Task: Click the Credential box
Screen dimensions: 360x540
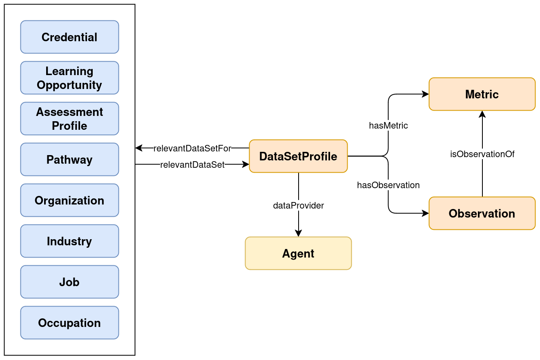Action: coord(69,37)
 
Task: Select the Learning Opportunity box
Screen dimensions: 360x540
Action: coord(69,78)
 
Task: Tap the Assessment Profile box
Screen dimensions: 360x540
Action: coord(69,119)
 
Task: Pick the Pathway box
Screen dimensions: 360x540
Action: coord(69,160)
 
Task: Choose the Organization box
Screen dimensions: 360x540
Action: coord(69,200)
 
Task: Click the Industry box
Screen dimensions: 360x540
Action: coord(69,241)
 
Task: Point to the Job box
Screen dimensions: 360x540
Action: coord(69,282)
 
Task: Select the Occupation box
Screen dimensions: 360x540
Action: coord(69,323)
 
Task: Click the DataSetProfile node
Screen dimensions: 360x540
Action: coord(298,156)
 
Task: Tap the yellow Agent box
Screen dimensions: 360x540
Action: coord(298,253)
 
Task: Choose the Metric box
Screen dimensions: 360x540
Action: coord(482,94)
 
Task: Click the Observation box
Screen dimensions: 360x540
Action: coord(482,213)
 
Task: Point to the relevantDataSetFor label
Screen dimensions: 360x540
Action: coord(192,148)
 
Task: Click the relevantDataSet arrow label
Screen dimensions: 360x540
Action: coord(192,165)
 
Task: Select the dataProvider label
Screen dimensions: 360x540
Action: coord(298,206)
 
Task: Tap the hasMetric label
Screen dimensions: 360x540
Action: coord(388,126)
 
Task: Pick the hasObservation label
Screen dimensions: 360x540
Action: coord(388,185)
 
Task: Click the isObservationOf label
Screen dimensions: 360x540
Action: coord(482,154)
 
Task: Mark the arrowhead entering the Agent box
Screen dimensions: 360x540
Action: coord(298,233)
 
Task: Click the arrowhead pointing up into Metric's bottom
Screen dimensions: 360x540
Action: coord(482,114)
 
